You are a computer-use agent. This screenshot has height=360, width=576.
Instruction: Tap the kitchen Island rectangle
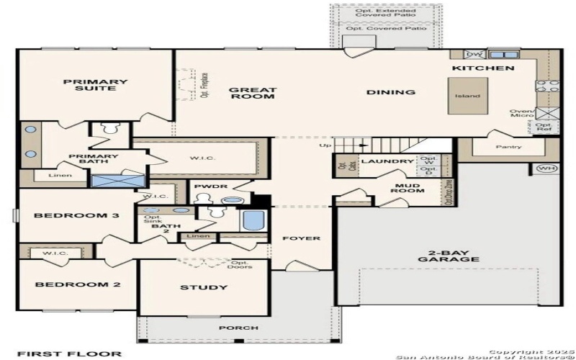coord(466,96)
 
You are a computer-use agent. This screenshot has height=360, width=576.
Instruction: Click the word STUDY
coord(204,288)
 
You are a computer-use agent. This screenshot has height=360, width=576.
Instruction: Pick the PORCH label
coord(239,328)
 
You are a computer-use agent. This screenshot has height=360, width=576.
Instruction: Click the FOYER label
coord(301,238)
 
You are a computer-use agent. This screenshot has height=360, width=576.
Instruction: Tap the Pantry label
coord(508,146)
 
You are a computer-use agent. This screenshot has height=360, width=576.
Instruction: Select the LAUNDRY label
coord(387,161)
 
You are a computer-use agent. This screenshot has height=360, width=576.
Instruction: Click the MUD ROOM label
coord(408,189)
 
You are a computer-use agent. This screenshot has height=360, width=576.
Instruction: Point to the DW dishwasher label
coord(474,54)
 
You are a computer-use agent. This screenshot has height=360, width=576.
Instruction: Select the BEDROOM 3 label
coord(66,215)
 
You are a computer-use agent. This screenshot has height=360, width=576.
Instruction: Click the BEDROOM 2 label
coord(68,284)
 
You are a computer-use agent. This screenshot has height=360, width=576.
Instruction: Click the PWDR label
coord(216,187)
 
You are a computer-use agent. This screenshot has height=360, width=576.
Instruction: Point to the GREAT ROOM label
coord(253,94)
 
